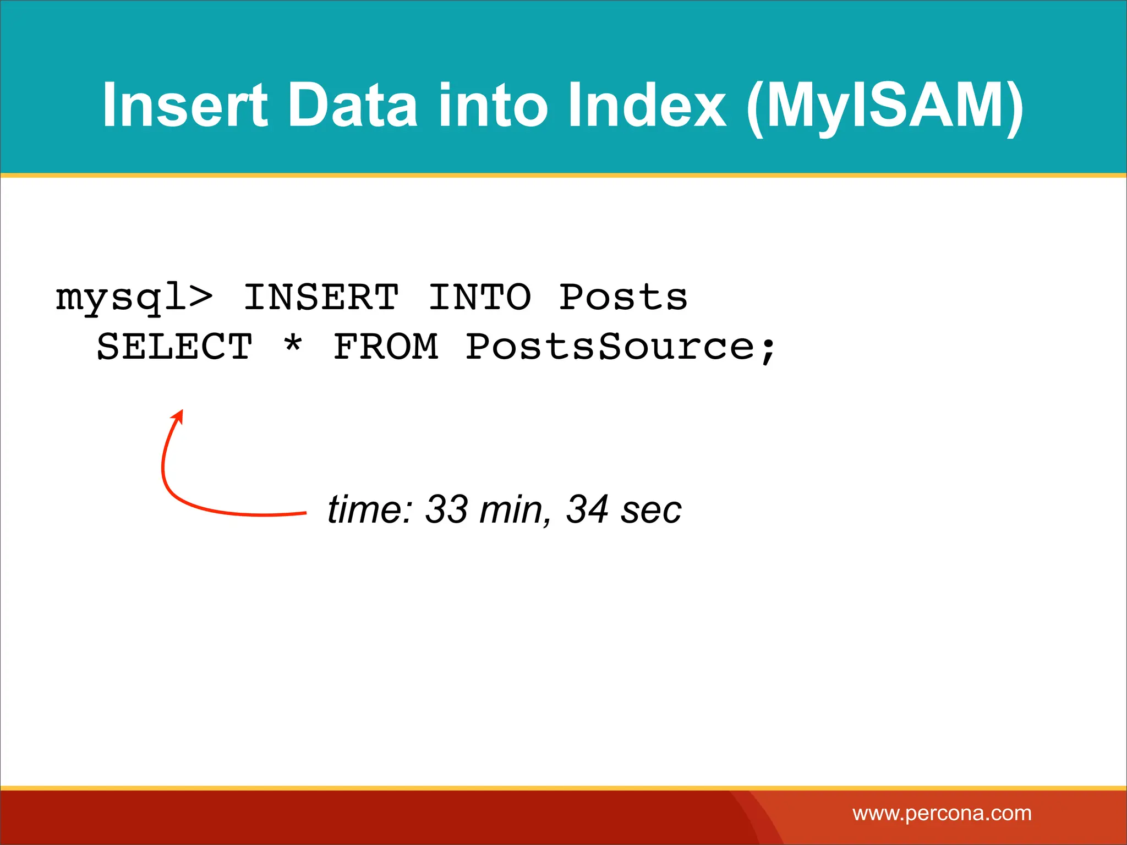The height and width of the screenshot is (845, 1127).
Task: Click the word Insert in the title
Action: pos(184,105)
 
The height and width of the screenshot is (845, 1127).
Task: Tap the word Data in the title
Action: pos(353,105)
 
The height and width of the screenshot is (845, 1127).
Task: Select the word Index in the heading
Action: pos(647,105)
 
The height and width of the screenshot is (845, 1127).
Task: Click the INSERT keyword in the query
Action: pos(321,298)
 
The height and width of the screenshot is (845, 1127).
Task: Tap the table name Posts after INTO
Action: pos(623,298)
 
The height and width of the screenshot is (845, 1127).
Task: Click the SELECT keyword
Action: pos(174,347)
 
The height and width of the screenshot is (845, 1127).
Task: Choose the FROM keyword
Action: pos(386,347)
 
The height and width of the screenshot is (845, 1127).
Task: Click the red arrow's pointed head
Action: pos(178,415)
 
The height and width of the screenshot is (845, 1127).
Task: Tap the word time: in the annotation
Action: pos(370,509)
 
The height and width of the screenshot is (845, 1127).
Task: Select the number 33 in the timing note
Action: pos(446,509)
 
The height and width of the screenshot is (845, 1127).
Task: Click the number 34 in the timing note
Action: pos(587,509)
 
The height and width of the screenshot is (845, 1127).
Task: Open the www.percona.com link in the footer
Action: pos(942,814)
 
